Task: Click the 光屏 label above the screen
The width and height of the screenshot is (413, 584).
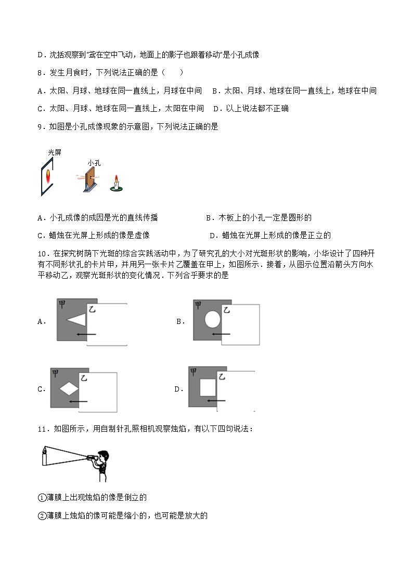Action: pyautogui.click(x=55, y=152)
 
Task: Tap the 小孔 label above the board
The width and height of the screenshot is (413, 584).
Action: pyautogui.click(x=94, y=163)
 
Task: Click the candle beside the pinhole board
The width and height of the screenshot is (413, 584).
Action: pyautogui.click(x=118, y=183)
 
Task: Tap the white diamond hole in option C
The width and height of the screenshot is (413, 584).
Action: pyautogui.click(x=68, y=388)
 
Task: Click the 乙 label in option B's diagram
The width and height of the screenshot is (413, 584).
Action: pyautogui.click(x=227, y=310)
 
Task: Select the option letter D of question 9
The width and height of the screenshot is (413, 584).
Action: pyautogui.click(x=212, y=236)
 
